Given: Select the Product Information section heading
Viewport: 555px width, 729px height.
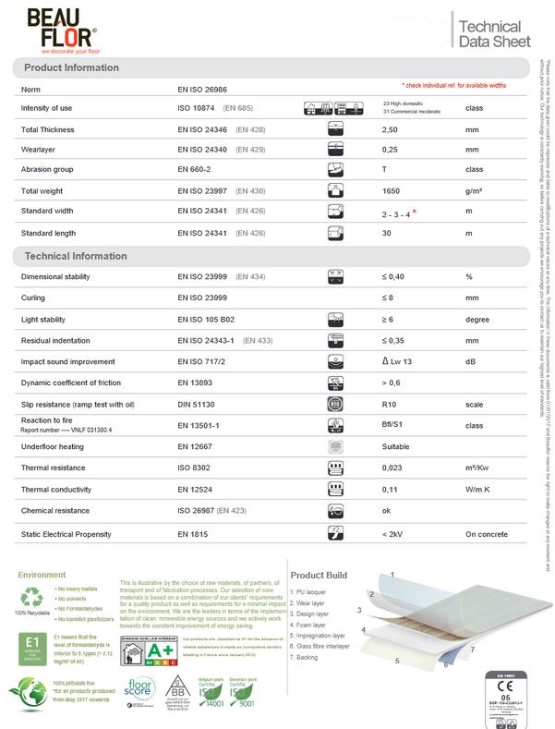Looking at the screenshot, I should [71, 68].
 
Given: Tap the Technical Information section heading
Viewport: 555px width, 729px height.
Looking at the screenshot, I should [76, 255].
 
